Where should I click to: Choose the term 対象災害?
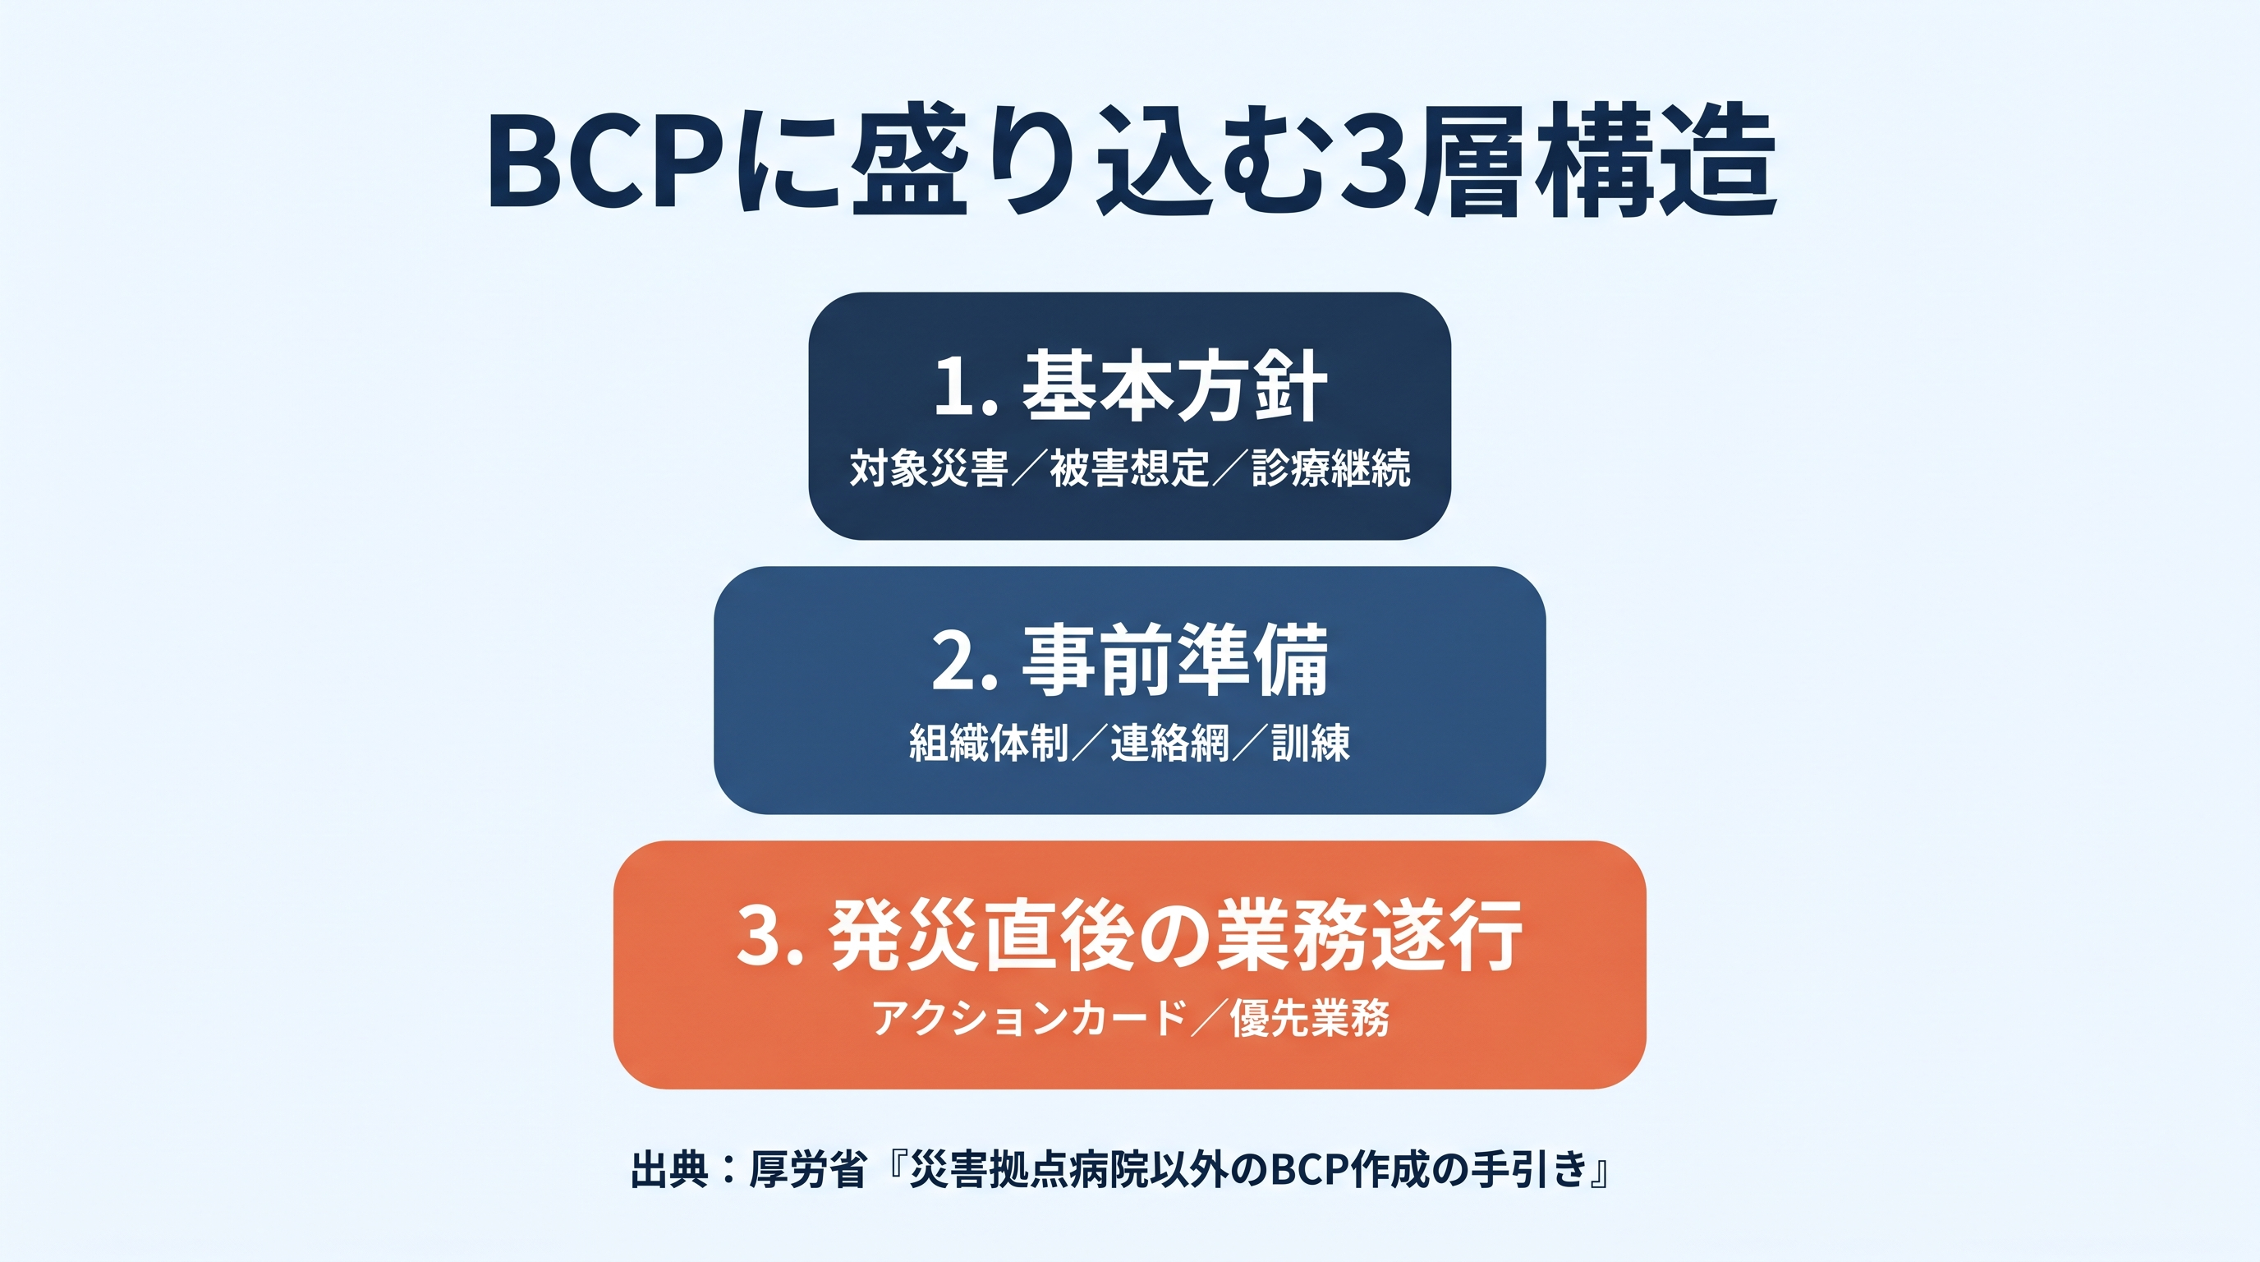[928, 467]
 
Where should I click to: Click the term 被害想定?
[1130, 467]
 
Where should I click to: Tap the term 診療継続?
[1331, 467]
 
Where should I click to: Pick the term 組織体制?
[989, 743]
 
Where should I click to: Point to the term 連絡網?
[1170, 743]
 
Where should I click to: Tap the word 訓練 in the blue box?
[1311, 743]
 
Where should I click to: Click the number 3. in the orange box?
[770, 935]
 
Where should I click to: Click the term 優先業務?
[1310, 1018]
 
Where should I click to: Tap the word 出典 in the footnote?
[669, 1169]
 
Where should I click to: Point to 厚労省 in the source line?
[807, 1169]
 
